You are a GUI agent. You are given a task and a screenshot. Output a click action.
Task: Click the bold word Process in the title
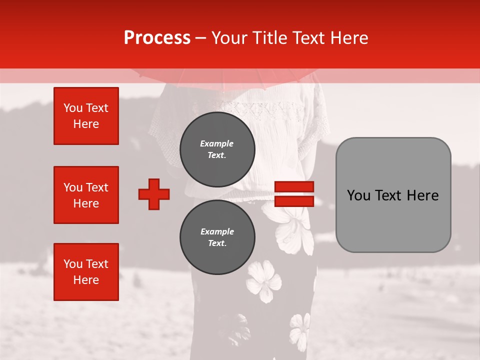[157, 38]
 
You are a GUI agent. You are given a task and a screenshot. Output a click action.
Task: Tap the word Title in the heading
[268, 38]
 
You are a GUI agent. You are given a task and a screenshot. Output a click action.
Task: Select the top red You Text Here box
[86, 116]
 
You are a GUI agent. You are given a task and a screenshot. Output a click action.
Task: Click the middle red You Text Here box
[86, 195]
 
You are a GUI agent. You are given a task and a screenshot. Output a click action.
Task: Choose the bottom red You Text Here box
[86, 272]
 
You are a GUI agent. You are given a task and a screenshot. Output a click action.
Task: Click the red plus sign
[154, 194]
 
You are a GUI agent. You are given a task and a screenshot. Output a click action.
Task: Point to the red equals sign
[294, 194]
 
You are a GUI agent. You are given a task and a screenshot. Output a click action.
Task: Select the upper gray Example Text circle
[217, 149]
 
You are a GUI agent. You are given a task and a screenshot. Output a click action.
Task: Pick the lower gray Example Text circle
[217, 237]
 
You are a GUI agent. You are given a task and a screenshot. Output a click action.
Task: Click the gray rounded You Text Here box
[393, 195]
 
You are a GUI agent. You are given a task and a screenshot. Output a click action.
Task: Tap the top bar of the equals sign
[294, 187]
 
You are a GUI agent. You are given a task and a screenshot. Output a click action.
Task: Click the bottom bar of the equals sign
[294, 201]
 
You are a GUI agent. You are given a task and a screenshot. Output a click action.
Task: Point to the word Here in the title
[349, 38]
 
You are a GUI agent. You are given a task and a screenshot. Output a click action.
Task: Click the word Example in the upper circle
[216, 143]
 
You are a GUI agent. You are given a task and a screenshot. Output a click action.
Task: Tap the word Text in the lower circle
[216, 243]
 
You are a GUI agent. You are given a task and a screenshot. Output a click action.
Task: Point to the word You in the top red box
[73, 108]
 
